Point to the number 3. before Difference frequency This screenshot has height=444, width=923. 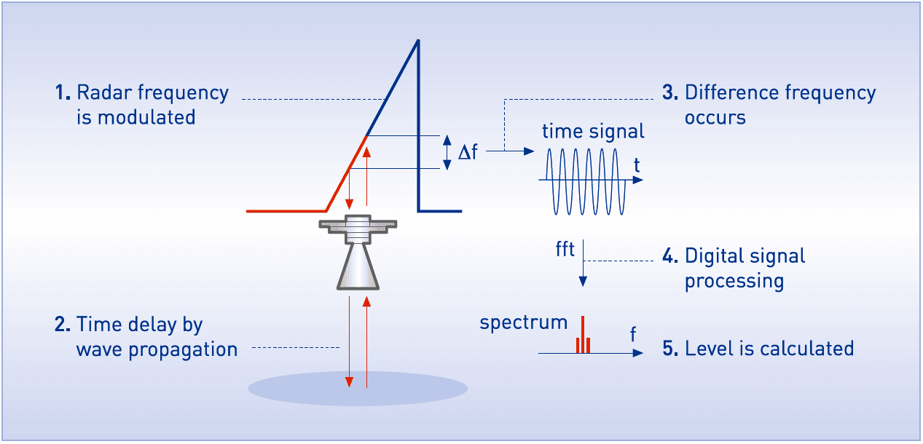tap(671, 93)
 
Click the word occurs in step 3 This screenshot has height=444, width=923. tap(715, 118)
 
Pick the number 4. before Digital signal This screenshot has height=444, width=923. tap(671, 256)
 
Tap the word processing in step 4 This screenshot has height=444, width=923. tap(734, 282)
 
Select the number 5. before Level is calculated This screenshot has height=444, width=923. tap(671, 349)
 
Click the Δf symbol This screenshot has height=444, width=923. tap(467, 152)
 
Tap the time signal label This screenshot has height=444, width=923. tap(593, 132)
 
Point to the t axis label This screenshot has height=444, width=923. tap(637, 165)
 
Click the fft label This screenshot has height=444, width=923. tap(565, 250)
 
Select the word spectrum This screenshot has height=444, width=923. tap(523, 322)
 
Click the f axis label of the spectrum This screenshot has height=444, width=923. tap(633, 334)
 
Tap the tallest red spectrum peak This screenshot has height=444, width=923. tap(582, 333)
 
